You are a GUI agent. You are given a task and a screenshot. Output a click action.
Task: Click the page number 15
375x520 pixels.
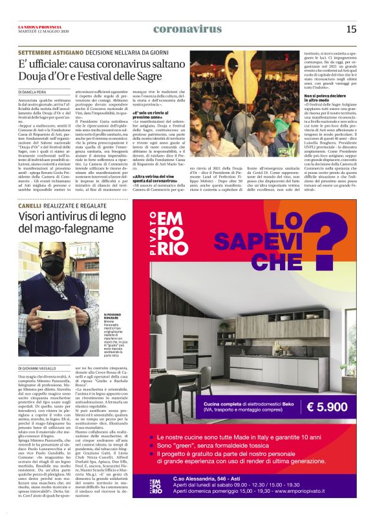[351, 29]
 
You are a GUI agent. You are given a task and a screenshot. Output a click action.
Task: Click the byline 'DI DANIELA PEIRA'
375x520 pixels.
[33, 92]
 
